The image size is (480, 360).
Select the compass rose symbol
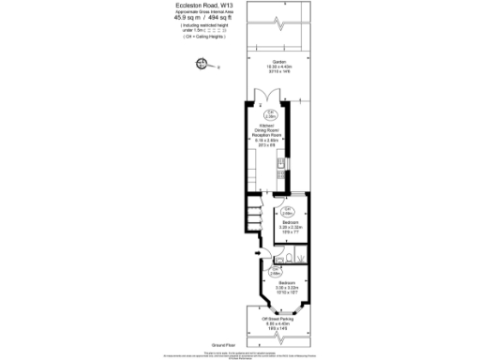coord(199,64)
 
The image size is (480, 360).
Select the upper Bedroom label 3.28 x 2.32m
coord(289,224)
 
